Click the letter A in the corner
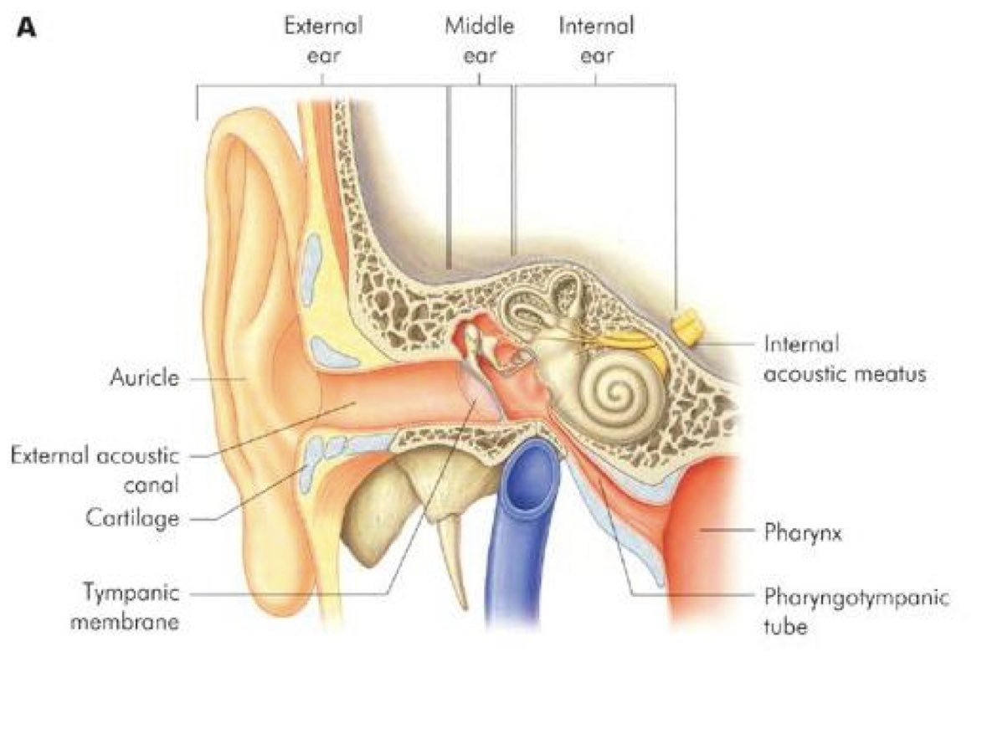(28, 29)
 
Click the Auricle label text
(144, 377)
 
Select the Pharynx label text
(802, 532)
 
